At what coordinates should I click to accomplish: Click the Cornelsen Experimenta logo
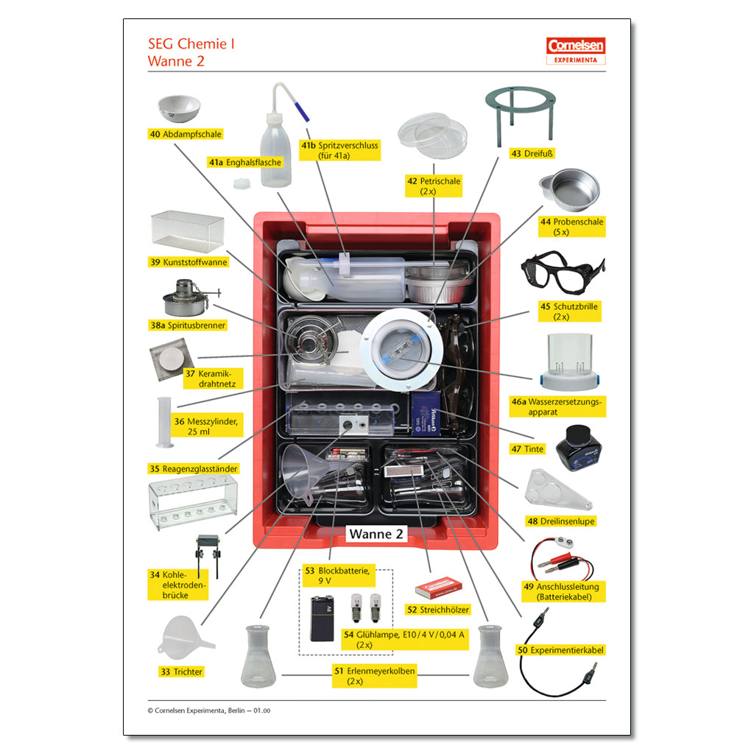pyautogui.click(x=576, y=51)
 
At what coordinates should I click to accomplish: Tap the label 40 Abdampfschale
pyautogui.click(x=186, y=134)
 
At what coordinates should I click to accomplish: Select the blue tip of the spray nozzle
pyautogui.click(x=301, y=112)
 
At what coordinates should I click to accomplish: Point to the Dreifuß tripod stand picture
pyautogui.click(x=521, y=116)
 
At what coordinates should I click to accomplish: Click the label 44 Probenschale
pyautogui.click(x=572, y=227)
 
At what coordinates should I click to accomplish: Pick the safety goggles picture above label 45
pyautogui.click(x=563, y=272)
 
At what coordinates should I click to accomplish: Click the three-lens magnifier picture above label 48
pyautogui.click(x=558, y=490)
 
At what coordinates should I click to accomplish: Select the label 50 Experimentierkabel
pyautogui.click(x=560, y=650)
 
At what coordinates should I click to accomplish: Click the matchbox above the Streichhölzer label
pyautogui.click(x=439, y=587)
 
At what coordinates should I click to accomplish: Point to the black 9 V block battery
pyautogui.click(x=322, y=619)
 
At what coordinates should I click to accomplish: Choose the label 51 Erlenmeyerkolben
pyautogui.click(x=375, y=676)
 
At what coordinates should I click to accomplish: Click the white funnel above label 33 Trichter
pyautogui.click(x=185, y=637)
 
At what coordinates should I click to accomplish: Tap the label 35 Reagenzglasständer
pyautogui.click(x=194, y=469)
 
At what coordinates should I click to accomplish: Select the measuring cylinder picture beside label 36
pyautogui.click(x=164, y=423)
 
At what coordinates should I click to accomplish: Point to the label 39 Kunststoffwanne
pyautogui.click(x=188, y=262)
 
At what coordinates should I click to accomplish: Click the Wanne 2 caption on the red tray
pyautogui.click(x=376, y=534)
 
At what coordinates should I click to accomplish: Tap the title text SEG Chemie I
pyautogui.click(x=191, y=43)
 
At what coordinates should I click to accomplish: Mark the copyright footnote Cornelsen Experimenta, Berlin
pyautogui.click(x=209, y=711)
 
